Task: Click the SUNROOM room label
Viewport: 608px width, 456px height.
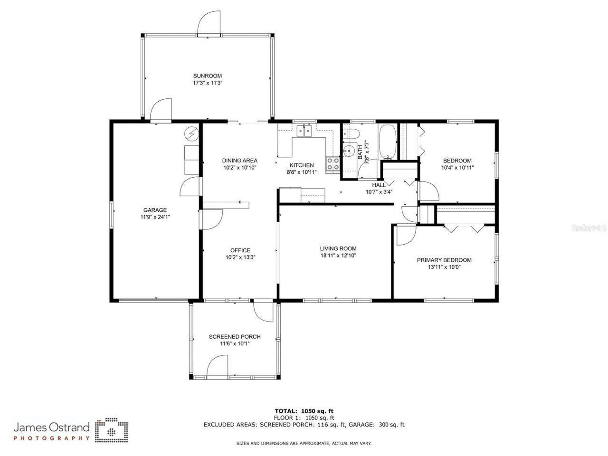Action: (x=207, y=76)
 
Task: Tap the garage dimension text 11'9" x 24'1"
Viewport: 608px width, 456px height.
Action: (x=155, y=217)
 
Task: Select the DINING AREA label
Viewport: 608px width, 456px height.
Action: (x=240, y=161)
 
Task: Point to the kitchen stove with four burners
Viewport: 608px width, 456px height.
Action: (x=332, y=164)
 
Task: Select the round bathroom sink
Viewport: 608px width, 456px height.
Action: (x=350, y=152)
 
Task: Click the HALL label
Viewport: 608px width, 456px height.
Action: (x=379, y=185)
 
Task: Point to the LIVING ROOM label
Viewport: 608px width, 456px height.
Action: (x=338, y=248)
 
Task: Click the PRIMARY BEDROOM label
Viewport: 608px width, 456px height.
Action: (x=444, y=260)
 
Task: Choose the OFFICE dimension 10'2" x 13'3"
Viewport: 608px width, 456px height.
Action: (x=240, y=257)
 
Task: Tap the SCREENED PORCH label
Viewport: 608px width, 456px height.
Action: (x=235, y=337)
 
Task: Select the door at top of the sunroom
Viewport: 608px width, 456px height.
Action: (x=209, y=24)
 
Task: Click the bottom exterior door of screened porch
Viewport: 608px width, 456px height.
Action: (x=219, y=368)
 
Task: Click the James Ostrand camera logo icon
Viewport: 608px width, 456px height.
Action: (x=111, y=429)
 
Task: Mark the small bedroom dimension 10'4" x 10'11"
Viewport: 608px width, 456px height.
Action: (x=457, y=167)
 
